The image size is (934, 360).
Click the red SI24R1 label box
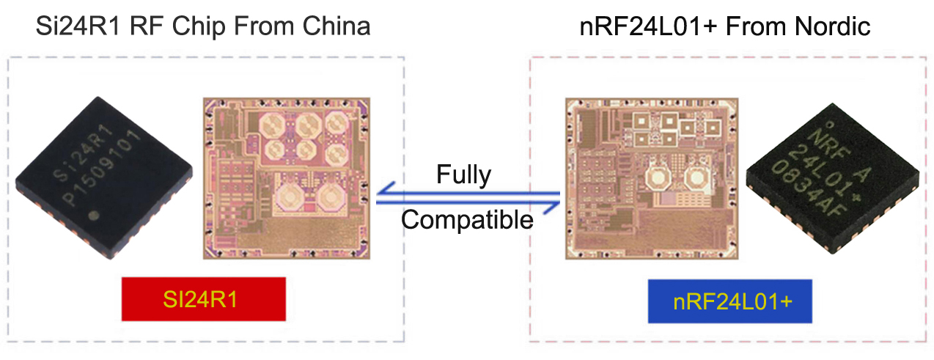point(203,299)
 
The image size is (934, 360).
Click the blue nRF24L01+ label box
point(730,301)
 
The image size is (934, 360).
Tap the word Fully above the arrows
point(463,175)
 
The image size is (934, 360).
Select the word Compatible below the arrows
point(468,219)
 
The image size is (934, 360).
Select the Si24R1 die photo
point(286,177)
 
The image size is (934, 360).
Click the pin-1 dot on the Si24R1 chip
point(93,216)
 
